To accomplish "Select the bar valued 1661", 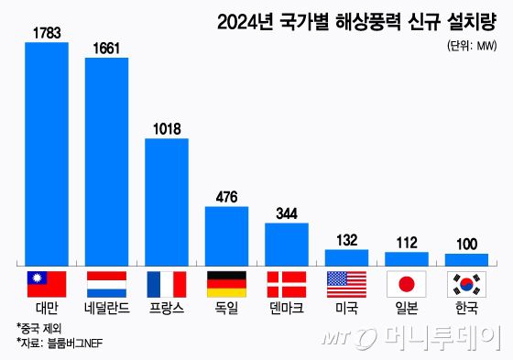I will click(x=106, y=160).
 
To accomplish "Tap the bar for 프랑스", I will click(x=167, y=201).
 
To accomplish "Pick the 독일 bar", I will click(x=226, y=235).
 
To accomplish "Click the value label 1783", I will click(x=47, y=33).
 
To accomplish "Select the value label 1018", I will click(x=167, y=129).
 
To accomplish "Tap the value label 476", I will click(x=226, y=197).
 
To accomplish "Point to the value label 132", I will click(x=346, y=240).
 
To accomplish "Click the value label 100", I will click(x=466, y=244).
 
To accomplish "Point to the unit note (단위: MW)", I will click(x=471, y=44).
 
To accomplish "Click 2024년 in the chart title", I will click(x=247, y=20).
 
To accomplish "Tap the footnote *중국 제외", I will click(x=40, y=329).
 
